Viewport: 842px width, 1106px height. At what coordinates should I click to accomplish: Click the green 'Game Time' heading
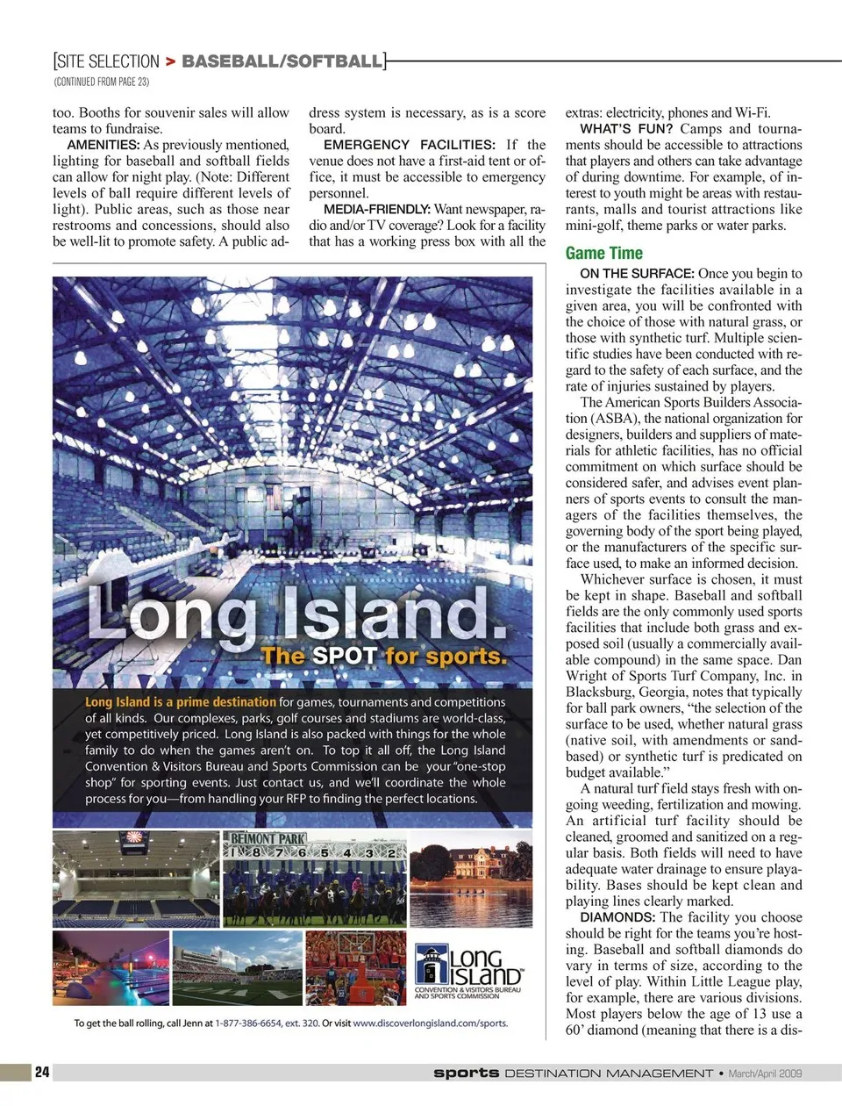(604, 254)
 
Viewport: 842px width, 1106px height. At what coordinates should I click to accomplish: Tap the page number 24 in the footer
(42, 1072)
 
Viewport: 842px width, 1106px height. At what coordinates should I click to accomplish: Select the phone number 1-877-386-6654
(248, 1023)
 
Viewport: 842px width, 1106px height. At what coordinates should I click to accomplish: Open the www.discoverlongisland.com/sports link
(430, 1023)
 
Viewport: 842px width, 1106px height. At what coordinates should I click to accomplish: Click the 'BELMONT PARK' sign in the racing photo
(268, 839)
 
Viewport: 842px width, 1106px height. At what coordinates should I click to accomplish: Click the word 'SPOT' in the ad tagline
(345, 656)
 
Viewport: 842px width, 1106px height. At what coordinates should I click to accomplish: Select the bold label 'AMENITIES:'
(103, 145)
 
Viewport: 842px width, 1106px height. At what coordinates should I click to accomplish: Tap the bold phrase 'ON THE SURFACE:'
(637, 274)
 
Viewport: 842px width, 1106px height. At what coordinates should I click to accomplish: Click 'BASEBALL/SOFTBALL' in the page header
(282, 61)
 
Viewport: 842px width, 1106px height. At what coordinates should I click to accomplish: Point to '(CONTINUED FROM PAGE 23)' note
(102, 82)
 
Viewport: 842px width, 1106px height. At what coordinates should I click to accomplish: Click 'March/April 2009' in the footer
(765, 1073)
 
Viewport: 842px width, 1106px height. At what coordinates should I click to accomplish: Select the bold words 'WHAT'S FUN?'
(626, 129)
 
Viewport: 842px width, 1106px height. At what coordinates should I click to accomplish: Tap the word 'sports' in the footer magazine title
(466, 1073)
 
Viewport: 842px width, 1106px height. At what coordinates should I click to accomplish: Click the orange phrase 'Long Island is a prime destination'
(181, 702)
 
